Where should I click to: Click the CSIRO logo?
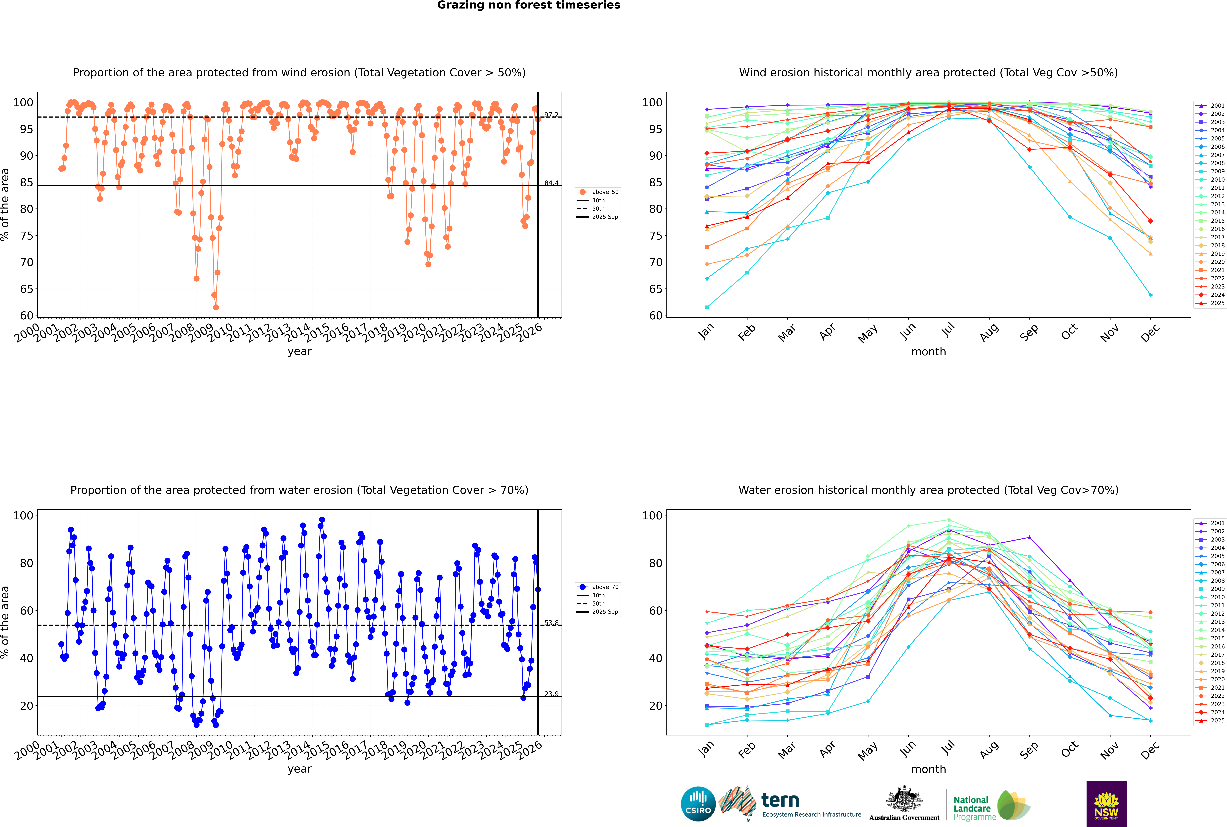pyautogui.click(x=698, y=804)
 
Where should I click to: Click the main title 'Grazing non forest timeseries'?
pyautogui.click(x=529, y=5)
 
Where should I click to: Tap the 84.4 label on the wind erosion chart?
pyautogui.click(x=551, y=183)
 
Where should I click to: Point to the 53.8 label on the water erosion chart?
pyautogui.click(x=551, y=623)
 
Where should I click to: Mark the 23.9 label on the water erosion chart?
pyautogui.click(x=551, y=694)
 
